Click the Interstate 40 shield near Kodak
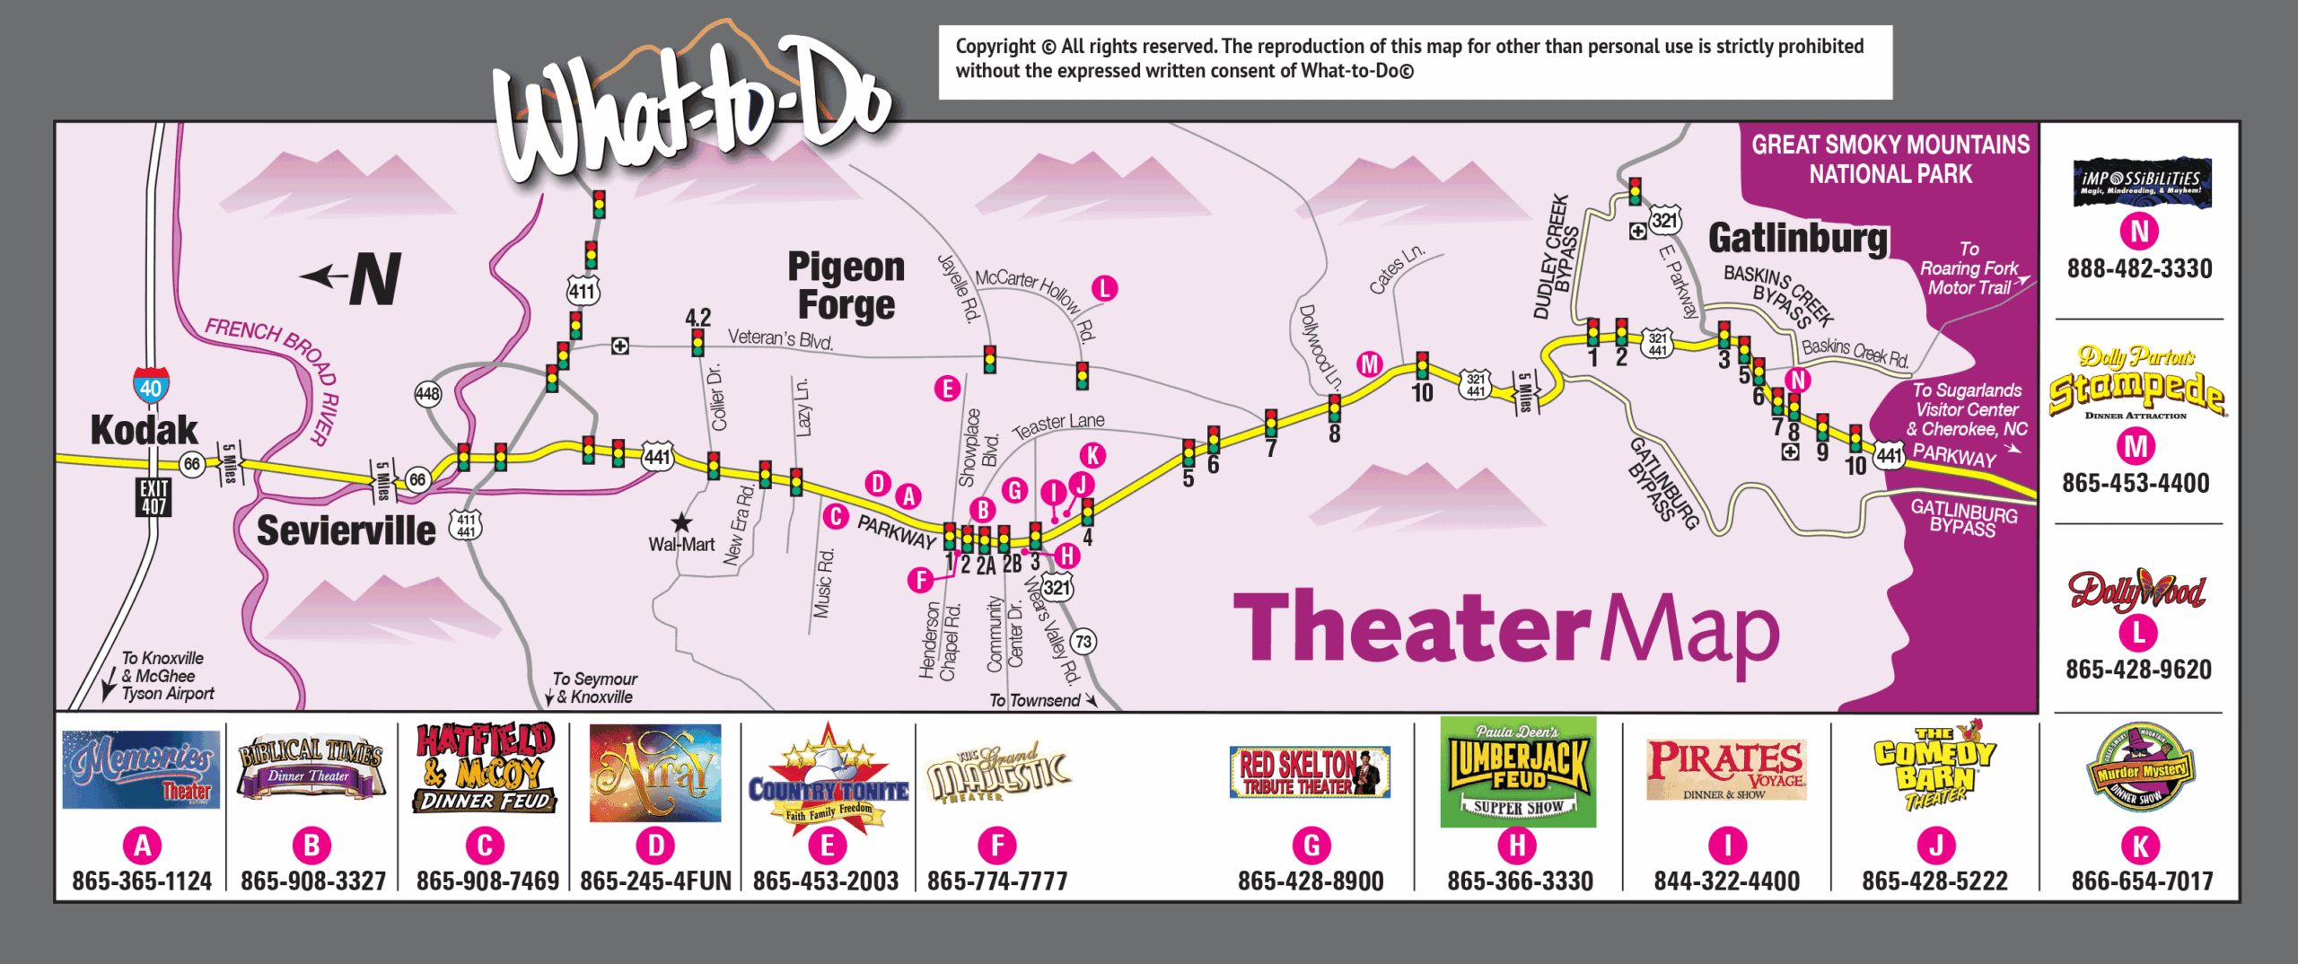point(151,385)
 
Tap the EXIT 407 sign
point(153,497)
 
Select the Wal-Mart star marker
point(682,522)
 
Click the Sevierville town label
point(346,530)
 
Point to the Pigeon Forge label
point(846,285)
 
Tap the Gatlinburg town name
point(1797,239)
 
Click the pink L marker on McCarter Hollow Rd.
point(1104,288)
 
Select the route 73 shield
point(1083,641)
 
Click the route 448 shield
point(427,393)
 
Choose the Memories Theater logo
point(141,769)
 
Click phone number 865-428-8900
point(1311,881)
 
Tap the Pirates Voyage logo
point(1726,769)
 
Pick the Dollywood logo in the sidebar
point(2136,590)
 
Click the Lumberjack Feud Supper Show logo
point(1518,772)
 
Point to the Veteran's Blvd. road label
point(780,338)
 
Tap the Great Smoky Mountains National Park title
point(1890,159)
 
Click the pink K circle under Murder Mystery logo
point(2141,846)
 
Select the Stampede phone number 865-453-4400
point(2136,484)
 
